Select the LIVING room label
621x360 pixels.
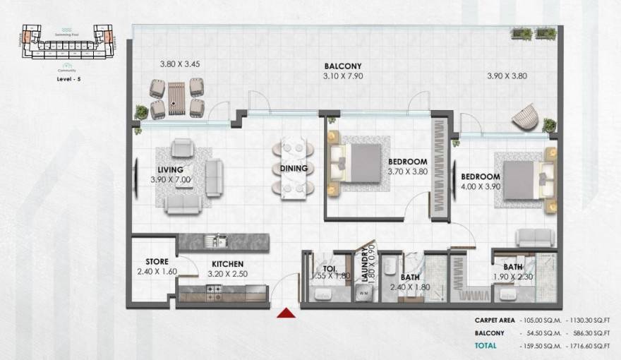tap(171, 169)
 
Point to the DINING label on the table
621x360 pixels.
tap(294, 168)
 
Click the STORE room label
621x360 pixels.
tap(157, 261)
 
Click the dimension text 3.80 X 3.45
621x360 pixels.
tap(180, 64)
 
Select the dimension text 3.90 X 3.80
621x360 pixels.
tap(507, 76)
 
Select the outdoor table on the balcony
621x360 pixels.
tap(176, 99)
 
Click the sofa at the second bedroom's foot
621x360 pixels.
tap(534, 237)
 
